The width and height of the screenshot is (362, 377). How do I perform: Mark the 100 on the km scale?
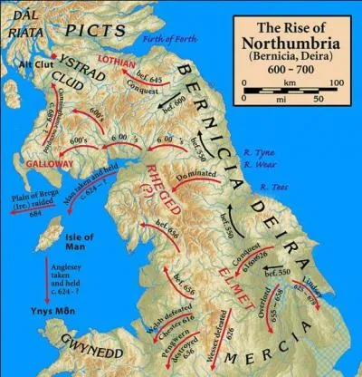pos(335,82)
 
